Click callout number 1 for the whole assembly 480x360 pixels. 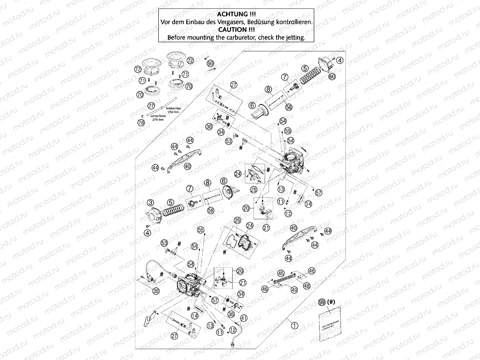[x=295, y=326]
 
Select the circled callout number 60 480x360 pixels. [x=332, y=76]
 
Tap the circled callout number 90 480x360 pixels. [x=210, y=63]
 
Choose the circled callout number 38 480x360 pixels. [x=156, y=291]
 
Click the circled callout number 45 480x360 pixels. [x=281, y=273]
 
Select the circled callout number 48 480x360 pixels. [x=307, y=286]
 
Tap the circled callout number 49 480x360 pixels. [x=294, y=290]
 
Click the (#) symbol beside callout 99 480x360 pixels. [x=332, y=302]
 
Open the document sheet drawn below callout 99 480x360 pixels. [x=330, y=322]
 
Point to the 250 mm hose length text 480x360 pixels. [x=172, y=112]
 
